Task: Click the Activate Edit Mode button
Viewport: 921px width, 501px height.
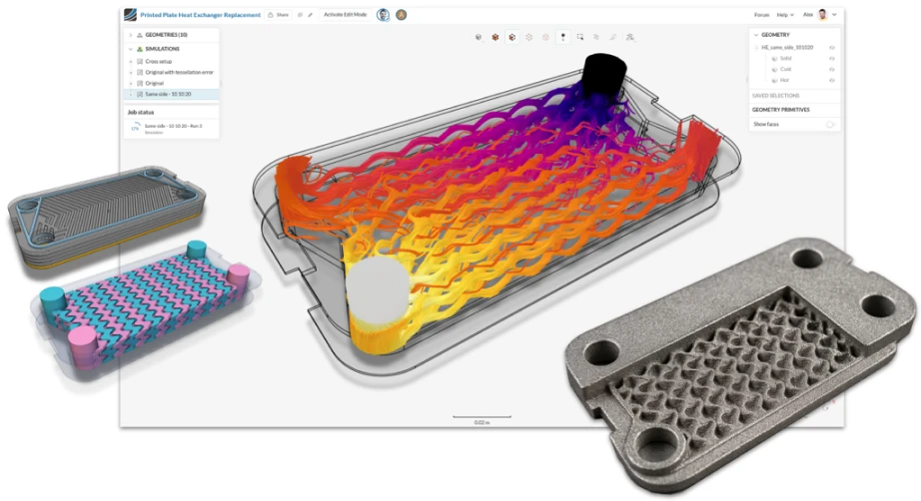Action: click(x=345, y=15)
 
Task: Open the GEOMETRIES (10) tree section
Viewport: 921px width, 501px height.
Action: click(x=164, y=35)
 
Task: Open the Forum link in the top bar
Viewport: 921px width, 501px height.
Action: click(x=761, y=15)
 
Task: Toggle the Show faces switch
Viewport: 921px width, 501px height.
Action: click(x=828, y=124)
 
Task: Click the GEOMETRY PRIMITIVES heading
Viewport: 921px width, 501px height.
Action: click(x=780, y=110)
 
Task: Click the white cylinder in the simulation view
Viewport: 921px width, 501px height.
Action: click(x=379, y=294)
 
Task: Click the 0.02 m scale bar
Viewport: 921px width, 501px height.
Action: click(x=481, y=417)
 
